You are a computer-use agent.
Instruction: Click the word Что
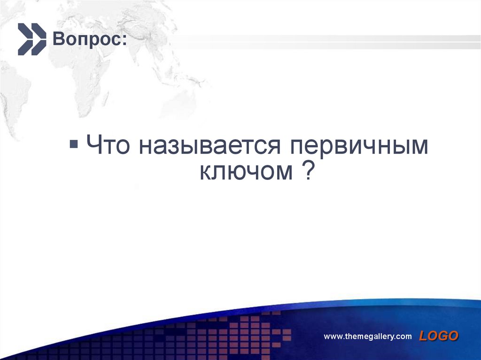[x=108, y=146]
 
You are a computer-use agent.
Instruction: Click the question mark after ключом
[x=305, y=171]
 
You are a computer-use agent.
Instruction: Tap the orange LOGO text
[x=439, y=336]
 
